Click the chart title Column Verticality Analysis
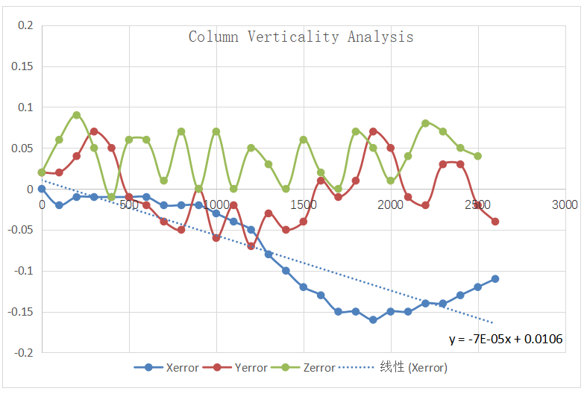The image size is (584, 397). tap(301, 37)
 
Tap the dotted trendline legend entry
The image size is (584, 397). tap(395, 367)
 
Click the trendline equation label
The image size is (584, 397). tap(505, 338)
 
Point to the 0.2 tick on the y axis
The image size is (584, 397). tap(26, 25)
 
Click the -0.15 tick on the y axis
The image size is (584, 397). tap(22, 311)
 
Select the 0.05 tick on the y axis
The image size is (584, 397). tap(23, 148)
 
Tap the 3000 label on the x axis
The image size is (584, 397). tap(565, 204)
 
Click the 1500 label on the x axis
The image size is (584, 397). tap(304, 204)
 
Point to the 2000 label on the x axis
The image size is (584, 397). tap(390, 204)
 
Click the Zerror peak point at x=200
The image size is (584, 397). tap(77, 115)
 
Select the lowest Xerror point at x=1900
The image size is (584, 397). tap(373, 319)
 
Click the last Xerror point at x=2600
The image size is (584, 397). tap(495, 278)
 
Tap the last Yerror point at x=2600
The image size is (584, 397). tap(495, 222)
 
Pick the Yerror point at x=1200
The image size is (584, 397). tap(251, 246)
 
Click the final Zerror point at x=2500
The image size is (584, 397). tap(477, 156)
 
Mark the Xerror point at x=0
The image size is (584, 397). tap(42, 189)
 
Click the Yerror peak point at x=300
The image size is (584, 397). tap(94, 131)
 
